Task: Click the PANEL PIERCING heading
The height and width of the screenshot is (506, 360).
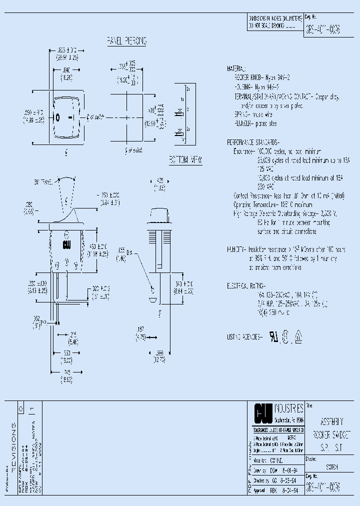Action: pos(126,41)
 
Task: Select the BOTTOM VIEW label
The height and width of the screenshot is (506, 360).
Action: pos(185,159)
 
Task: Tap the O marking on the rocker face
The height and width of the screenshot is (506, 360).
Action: pos(57,118)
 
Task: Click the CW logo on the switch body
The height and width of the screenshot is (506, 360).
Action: pos(66,245)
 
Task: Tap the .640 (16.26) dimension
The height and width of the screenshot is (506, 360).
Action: pos(66,74)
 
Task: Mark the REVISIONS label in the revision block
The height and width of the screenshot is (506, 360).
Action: pos(13,444)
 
